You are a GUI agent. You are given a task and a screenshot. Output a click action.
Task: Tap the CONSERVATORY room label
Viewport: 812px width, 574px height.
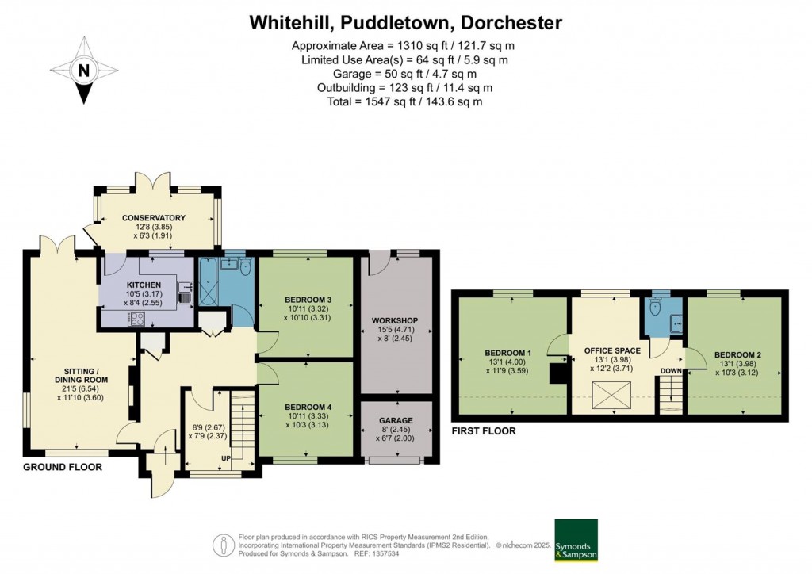click(153, 218)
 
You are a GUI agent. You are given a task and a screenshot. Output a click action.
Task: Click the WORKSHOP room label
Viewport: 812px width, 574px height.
click(395, 320)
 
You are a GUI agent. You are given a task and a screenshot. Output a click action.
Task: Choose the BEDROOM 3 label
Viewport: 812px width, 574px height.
click(308, 300)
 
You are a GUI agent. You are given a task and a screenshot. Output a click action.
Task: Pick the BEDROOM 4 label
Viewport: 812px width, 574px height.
click(308, 408)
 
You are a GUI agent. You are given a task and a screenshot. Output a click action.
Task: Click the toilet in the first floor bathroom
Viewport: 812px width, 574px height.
click(654, 305)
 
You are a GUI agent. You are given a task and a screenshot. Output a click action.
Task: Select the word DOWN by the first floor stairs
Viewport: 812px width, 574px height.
click(670, 370)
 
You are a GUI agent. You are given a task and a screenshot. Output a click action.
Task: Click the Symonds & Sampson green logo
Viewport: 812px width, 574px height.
click(576, 541)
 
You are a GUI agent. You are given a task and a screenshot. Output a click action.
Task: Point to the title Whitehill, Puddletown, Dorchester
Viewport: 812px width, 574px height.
click(405, 22)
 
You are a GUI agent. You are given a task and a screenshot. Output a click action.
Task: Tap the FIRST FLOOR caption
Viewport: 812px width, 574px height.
click(483, 431)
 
